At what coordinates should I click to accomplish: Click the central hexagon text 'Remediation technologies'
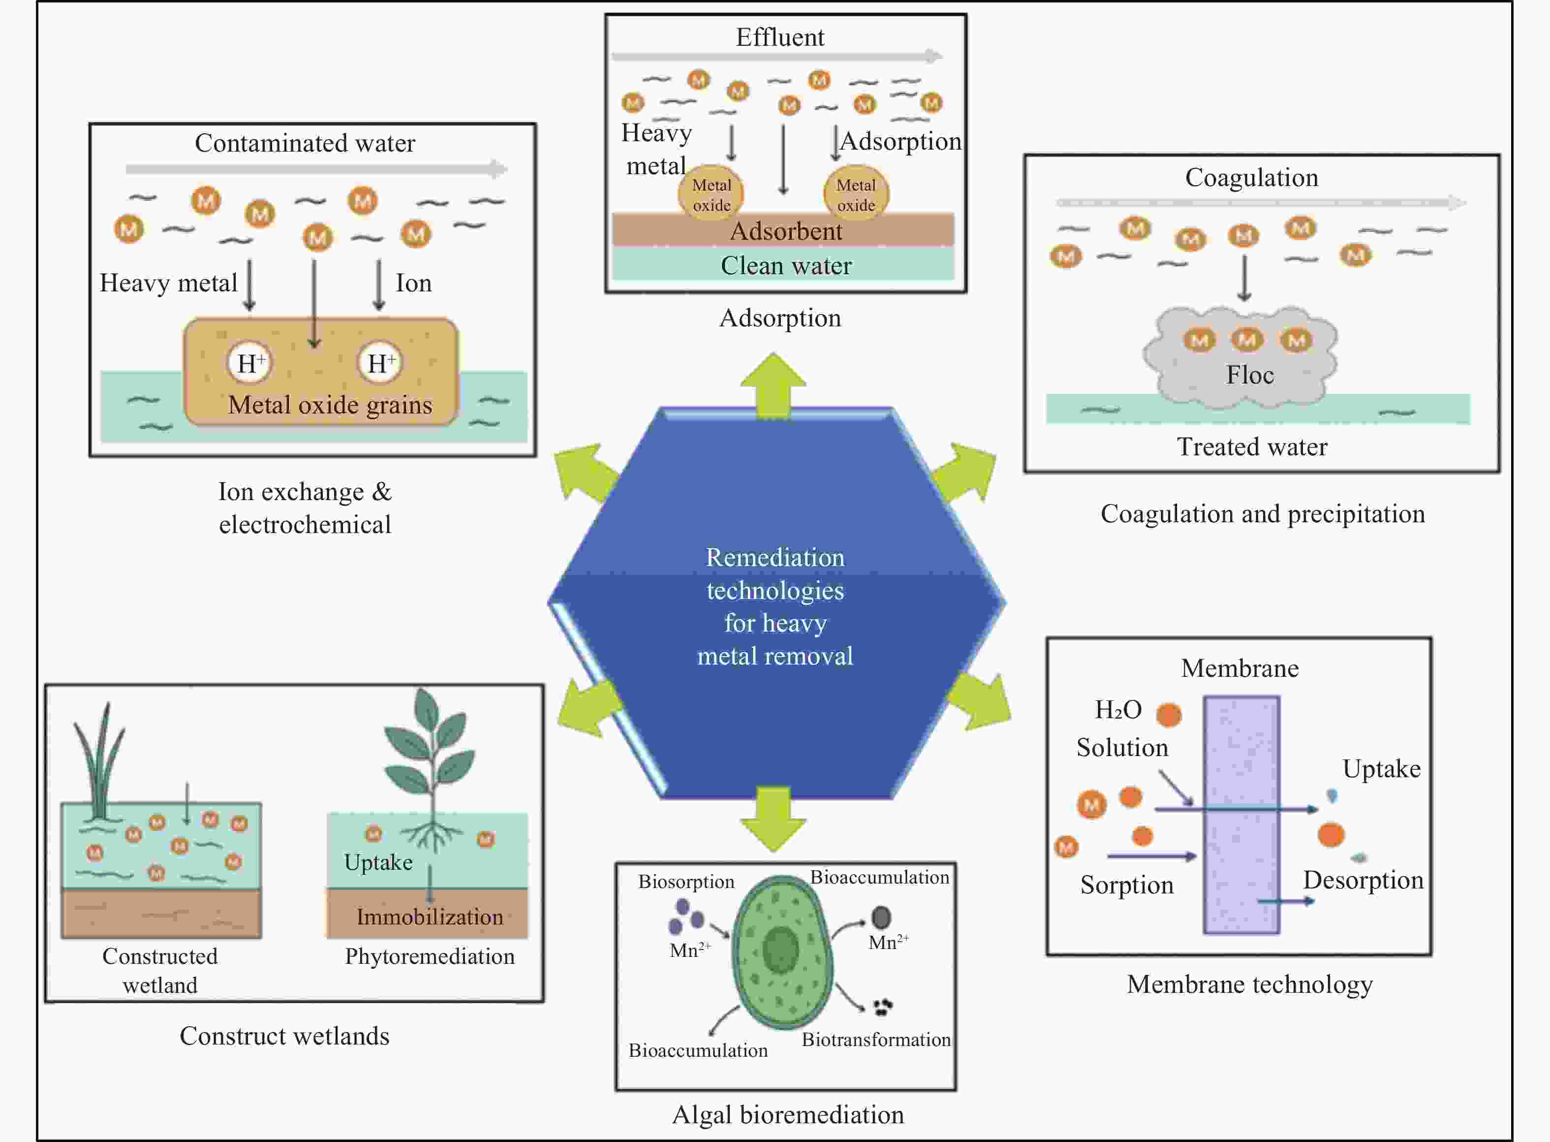coord(775,574)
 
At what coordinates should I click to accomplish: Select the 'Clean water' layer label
coord(786,265)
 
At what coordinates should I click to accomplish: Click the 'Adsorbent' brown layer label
coord(786,231)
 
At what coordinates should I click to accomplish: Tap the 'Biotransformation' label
coord(875,1040)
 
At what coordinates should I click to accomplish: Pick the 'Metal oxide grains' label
coord(330,405)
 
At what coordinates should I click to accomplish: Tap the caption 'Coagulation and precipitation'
coord(1263,513)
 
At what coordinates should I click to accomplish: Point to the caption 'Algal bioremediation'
coord(788,1115)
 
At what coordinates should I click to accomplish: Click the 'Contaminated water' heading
coord(305,143)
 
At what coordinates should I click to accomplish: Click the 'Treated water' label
coord(1252,446)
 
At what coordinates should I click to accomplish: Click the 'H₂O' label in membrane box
coord(1118,709)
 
